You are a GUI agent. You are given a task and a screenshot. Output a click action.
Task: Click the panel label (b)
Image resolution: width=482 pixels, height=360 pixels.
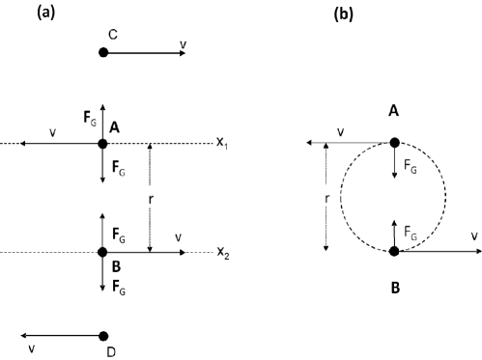[344, 14]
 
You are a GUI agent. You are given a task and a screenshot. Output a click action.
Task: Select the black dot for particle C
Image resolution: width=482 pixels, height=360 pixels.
[103, 52]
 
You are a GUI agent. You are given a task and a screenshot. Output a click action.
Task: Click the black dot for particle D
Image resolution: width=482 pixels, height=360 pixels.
[103, 336]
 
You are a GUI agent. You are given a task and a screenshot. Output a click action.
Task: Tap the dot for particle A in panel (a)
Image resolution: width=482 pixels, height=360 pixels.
[103, 144]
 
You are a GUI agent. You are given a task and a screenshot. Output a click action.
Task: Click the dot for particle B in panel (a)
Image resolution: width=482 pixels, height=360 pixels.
[103, 252]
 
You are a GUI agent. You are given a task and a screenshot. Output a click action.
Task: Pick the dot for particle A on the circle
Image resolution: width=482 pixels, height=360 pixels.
[394, 143]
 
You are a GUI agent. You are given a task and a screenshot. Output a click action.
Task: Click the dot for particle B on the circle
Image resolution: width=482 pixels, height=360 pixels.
[394, 252]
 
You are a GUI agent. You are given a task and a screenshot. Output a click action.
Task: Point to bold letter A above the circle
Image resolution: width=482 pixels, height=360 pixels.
[394, 111]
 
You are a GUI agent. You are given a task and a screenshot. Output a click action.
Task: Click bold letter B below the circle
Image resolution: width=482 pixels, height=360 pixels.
[394, 287]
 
